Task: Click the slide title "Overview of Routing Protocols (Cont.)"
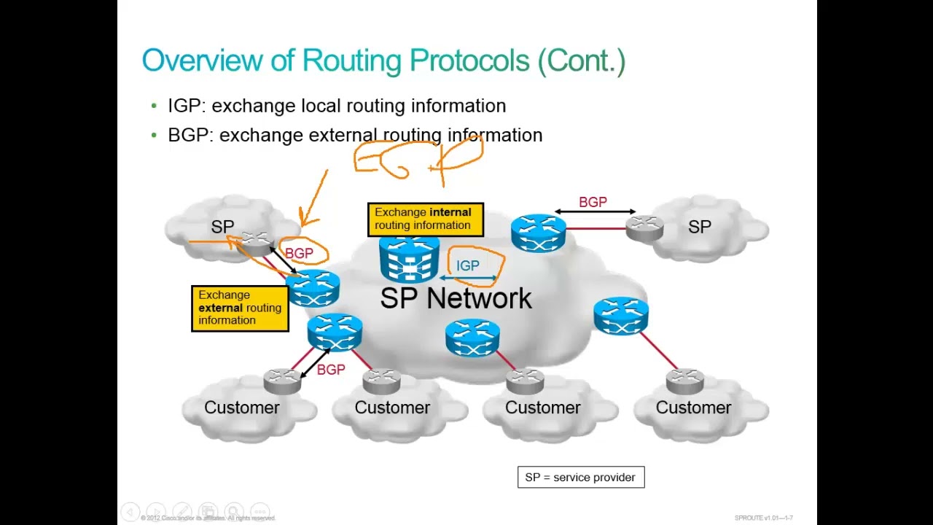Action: (x=383, y=61)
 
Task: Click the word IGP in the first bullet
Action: (x=184, y=106)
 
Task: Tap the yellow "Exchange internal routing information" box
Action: (x=425, y=219)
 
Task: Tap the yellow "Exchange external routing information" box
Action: (x=240, y=308)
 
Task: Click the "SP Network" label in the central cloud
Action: (x=456, y=298)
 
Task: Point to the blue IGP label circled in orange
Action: (x=468, y=266)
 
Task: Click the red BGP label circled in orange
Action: (x=299, y=253)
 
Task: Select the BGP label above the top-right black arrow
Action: (x=593, y=202)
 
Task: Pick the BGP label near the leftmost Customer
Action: (x=331, y=370)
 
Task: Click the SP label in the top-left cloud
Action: (x=222, y=227)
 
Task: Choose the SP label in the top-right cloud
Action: (x=699, y=227)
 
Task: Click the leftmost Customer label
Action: (x=241, y=408)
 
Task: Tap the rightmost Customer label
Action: (x=693, y=408)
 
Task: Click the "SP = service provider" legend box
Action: (x=581, y=478)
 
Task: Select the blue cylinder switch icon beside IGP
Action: (x=409, y=260)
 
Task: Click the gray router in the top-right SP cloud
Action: (x=645, y=228)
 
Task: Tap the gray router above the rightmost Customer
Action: (x=684, y=381)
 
